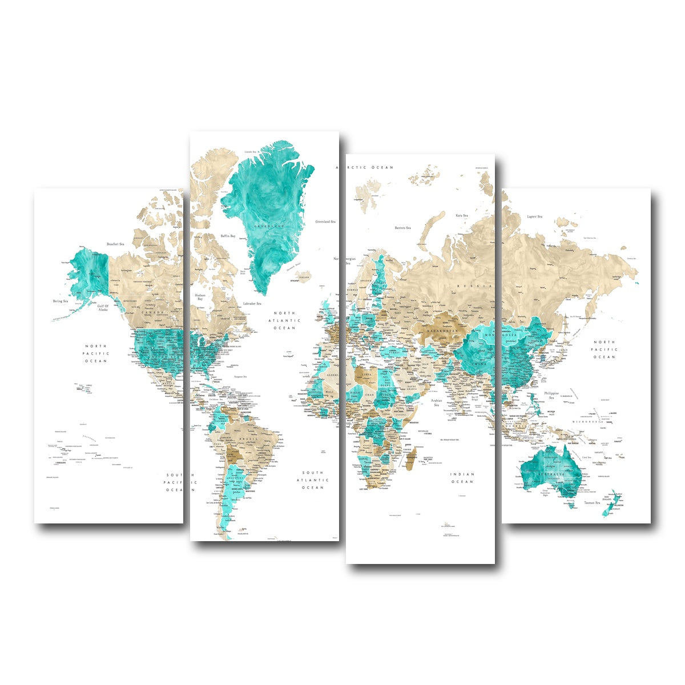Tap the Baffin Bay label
228,236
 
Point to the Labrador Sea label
252,303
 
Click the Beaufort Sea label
115,244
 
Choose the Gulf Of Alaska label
103,307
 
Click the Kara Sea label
461,215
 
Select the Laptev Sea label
534,216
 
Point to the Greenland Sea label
325,221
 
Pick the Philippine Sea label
551,395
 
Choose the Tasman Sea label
591,503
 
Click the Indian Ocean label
462,478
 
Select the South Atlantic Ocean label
313,480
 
